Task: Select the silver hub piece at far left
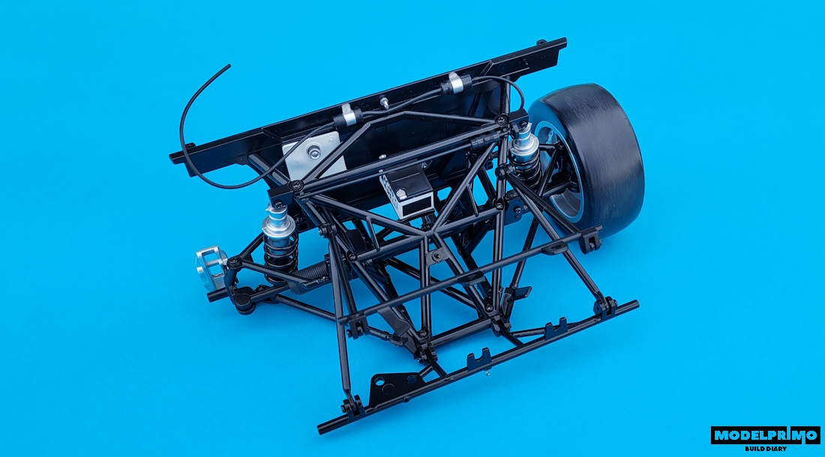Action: point(211,268)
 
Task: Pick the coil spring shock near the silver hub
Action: point(280,239)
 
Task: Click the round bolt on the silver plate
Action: point(314,152)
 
